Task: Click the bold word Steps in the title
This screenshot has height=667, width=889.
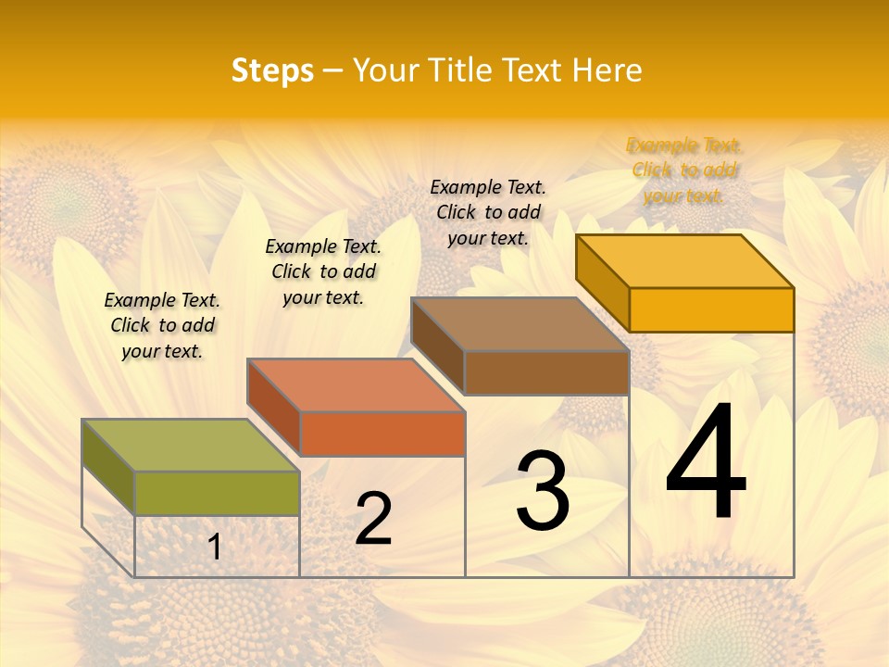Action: pyautogui.click(x=272, y=70)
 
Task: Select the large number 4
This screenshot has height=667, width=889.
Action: pyautogui.click(x=706, y=462)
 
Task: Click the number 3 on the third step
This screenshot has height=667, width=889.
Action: pyautogui.click(x=543, y=491)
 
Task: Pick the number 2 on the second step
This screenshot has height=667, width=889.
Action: pyautogui.click(x=373, y=519)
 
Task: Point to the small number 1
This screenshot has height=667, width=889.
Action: pyautogui.click(x=215, y=547)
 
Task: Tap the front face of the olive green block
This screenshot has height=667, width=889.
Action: pyautogui.click(x=217, y=493)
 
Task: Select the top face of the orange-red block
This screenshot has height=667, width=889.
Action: pyautogui.click(x=356, y=384)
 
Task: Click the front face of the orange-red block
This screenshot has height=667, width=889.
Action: pyautogui.click(x=382, y=434)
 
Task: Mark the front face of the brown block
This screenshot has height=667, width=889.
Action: pyautogui.click(x=546, y=372)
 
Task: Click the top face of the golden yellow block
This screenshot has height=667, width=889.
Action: pyautogui.click(x=685, y=260)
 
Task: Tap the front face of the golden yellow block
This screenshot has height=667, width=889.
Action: pyautogui.click(x=711, y=309)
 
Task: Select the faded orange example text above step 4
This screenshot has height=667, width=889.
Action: pyautogui.click(x=683, y=170)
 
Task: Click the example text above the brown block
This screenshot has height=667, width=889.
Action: pyautogui.click(x=488, y=212)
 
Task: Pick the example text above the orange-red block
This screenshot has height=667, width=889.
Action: pyautogui.click(x=323, y=271)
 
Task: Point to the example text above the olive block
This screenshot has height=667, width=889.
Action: pyautogui.click(x=162, y=325)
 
